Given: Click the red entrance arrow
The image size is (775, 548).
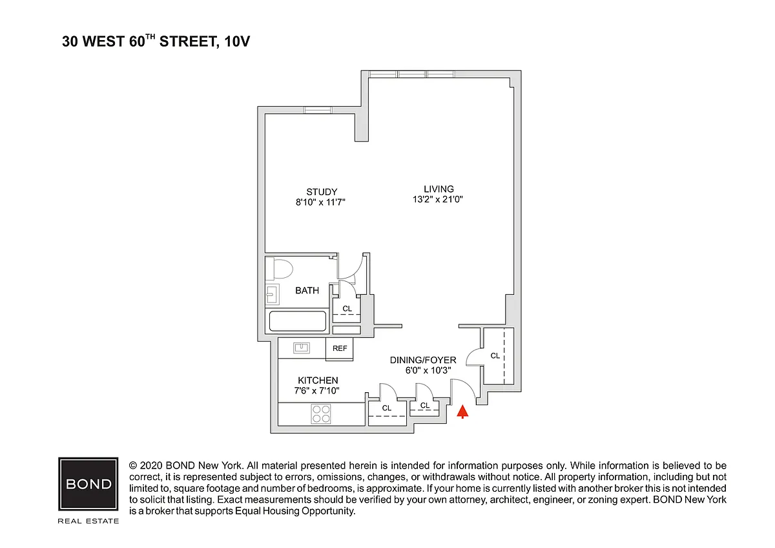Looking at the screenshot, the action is point(462,412).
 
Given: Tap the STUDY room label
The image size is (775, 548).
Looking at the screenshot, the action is point(322,192).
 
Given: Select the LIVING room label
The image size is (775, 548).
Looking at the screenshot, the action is point(439,189).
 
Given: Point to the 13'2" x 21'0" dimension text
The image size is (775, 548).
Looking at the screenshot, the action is point(438,200).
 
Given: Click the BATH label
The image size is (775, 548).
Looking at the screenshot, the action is point(307,290).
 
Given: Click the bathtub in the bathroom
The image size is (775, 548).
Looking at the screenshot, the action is point(298,321).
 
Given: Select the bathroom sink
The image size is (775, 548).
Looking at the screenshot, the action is point(273,294).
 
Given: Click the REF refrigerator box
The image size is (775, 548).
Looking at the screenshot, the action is point(340,349).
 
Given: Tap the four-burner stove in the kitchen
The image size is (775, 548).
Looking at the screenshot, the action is point(321,414).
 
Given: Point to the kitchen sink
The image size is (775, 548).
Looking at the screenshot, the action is point(302,348).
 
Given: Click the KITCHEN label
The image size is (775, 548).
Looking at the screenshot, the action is point(318,381).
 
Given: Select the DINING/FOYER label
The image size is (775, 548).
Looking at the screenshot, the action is point(423,360).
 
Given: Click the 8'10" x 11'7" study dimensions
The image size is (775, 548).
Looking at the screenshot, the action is point(320,202).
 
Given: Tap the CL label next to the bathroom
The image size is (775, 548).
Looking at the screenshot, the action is point(347,308).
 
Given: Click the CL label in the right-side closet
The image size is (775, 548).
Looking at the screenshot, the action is point(495,355).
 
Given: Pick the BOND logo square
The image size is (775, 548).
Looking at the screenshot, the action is point(88,483).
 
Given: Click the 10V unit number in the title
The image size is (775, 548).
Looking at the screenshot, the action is point(237,41).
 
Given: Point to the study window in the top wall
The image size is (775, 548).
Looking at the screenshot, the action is point(318,110).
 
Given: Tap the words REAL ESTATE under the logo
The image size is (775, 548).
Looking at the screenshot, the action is point(88,521).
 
